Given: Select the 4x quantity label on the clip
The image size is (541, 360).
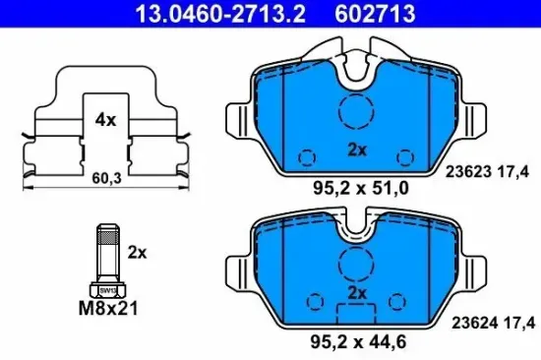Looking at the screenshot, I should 105,120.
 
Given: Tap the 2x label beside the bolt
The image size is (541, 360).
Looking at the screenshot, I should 136,252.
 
